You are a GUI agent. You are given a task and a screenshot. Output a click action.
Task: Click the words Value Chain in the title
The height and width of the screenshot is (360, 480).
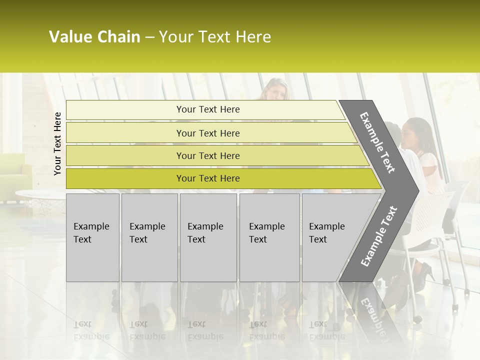coord(94,37)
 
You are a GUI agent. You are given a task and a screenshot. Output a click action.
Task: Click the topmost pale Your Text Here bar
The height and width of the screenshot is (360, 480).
coord(207,109)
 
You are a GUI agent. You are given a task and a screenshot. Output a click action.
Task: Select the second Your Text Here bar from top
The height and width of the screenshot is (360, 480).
coord(207,133)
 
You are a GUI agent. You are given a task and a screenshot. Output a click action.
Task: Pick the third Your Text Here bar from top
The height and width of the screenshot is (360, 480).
coord(207,155)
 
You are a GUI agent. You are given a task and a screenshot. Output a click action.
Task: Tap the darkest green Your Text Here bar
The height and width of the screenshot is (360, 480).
coord(207,178)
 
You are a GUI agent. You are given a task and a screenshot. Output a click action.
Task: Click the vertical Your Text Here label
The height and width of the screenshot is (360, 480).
coord(57,143)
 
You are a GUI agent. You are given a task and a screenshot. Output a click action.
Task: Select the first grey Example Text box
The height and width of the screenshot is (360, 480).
coord(92,237)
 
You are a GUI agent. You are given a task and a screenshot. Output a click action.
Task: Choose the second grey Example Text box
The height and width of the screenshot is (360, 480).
coord(149,237)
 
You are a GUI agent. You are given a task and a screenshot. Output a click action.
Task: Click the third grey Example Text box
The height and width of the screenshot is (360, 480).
coord(208,237)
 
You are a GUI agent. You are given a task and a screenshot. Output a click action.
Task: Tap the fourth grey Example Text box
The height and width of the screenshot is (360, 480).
coord(269,237)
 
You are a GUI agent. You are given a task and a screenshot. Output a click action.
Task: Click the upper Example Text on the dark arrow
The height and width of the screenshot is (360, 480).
coord(377,142)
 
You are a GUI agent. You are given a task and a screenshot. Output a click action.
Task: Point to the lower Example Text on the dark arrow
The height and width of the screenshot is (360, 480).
coord(379,236)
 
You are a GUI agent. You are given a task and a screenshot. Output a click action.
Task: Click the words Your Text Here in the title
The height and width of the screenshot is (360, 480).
coord(215,37)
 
